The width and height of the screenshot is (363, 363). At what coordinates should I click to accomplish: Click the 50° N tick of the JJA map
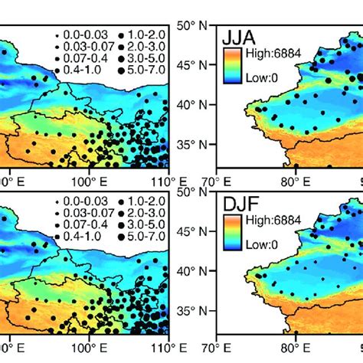pyautogui.click(x=195, y=26)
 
